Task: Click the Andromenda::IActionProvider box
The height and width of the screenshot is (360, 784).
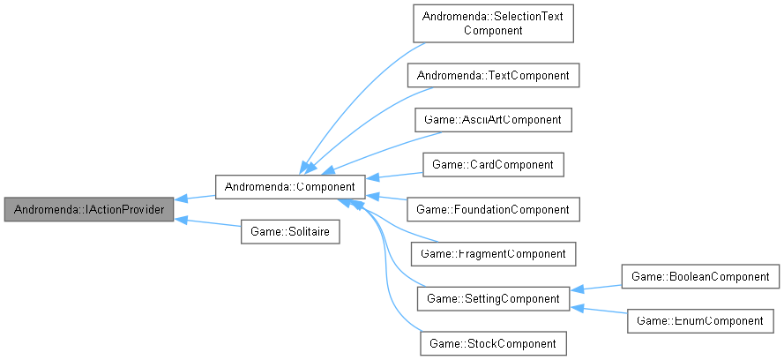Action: (x=88, y=210)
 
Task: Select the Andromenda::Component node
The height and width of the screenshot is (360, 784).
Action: (x=289, y=186)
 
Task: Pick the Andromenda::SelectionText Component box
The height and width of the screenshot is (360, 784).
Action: (x=494, y=23)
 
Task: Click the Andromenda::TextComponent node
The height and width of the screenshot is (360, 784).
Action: (x=494, y=76)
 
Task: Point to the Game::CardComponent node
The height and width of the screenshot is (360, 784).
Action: (x=494, y=164)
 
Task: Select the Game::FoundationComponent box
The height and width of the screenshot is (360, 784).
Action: (x=494, y=209)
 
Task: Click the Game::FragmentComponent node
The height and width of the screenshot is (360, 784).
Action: (x=494, y=254)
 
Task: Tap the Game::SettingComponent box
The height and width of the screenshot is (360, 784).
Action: (x=493, y=299)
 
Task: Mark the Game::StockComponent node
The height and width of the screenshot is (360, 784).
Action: (x=493, y=343)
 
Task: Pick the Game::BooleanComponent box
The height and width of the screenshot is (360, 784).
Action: (x=700, y=276)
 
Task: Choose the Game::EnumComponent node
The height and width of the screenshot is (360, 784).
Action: (x=700, y=321)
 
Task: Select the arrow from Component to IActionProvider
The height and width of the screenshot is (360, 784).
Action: (x=196, y=198)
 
